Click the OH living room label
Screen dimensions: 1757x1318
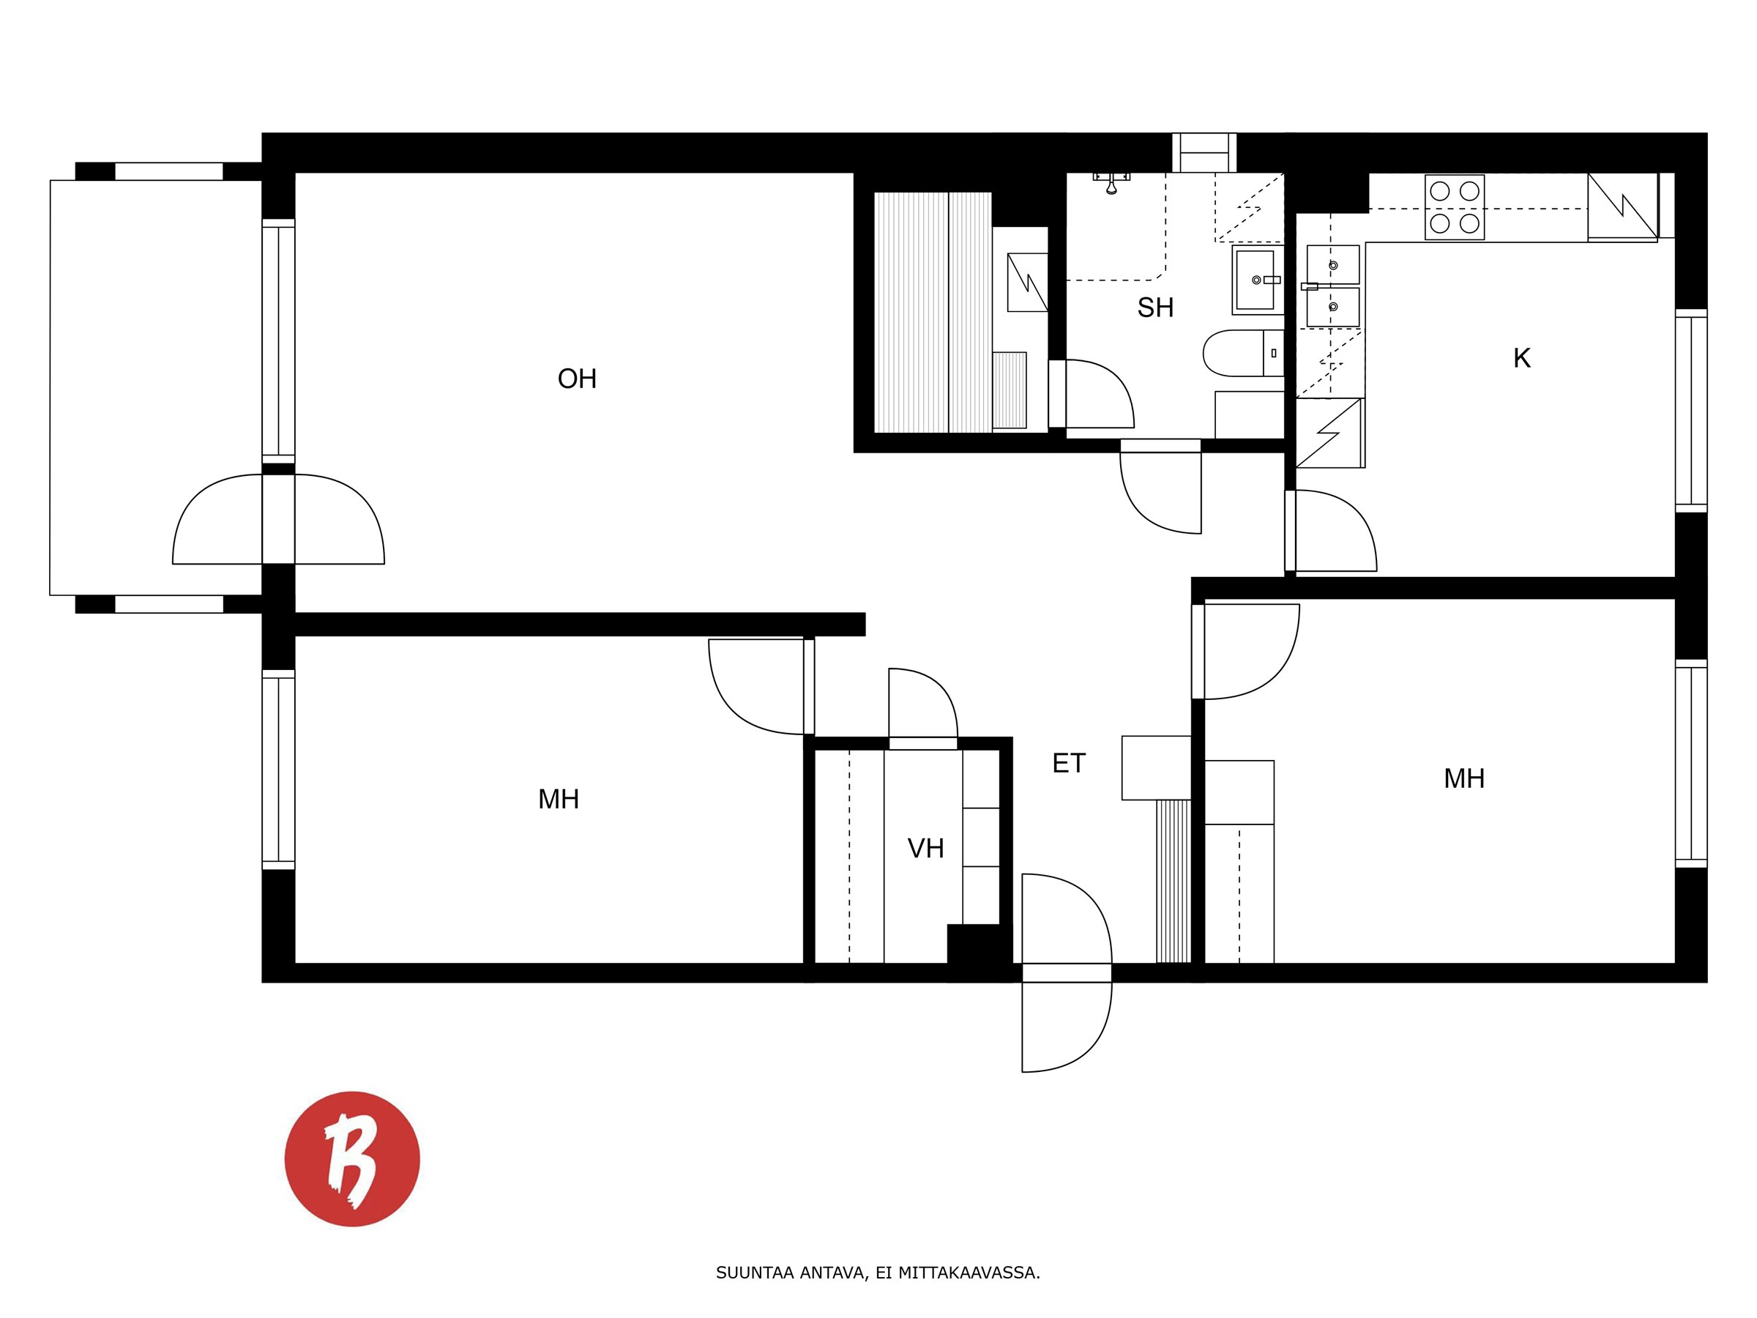(x=577, y=379)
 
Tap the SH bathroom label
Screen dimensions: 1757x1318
(x=1155, y=308)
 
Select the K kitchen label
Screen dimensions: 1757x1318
(x=1521, y=358)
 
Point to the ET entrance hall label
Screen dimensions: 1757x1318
(x=1068, y=764)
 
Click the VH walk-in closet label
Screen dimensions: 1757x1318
(x=925, y=849)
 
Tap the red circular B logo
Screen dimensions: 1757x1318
(x=352, y=1158)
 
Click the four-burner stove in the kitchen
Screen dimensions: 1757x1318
(x=1455, y=207)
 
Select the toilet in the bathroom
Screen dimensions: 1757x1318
(x=1243, y=354)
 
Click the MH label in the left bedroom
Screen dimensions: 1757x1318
(x=559, y=800)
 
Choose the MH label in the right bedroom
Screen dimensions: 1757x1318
(x=1464, y=778)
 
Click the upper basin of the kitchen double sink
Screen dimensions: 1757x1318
(x=1333, y=264)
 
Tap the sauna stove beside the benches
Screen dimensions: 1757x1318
(x=1010, y=390)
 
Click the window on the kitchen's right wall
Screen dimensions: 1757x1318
(x=1691, y=410)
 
